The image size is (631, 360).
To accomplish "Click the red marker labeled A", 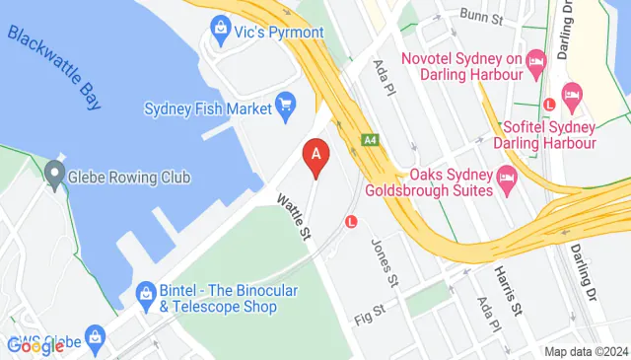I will click(315, 155).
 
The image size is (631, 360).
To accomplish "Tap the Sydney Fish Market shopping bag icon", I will click(286, 103).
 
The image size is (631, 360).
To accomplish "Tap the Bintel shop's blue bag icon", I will click(145, 293).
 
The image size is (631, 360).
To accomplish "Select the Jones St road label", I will click(383, 262).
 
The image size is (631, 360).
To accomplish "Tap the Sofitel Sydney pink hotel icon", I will click(571, 95).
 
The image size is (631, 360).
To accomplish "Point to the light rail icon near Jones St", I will click(350, 223).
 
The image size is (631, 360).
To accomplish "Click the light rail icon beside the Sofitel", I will click(550, 106).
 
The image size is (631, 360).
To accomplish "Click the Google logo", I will click(35, 346).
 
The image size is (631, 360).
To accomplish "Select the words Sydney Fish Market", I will click(208, 108).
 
